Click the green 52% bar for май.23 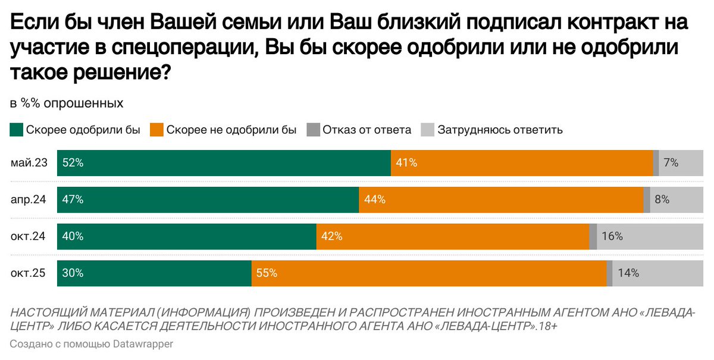click(224, 163)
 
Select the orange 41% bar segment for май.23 click(522, 163)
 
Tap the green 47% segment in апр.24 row click(208, 200)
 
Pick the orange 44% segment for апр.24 click(501, 200)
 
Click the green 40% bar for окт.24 click(186, 237)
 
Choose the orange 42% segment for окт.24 click(452, 237)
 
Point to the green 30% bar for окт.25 click(154, 274)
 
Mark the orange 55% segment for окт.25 click(428, 274)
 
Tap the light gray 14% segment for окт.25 click(658, 274)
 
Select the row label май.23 click(29, 163)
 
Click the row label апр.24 click(29, 200)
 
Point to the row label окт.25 click(29, 274)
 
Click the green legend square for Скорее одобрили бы click(16, 130)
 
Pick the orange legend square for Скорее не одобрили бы click(156, 130)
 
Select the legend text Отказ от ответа click(367, 130)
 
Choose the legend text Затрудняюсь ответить click(500, 130)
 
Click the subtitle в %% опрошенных click(66, 103)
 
